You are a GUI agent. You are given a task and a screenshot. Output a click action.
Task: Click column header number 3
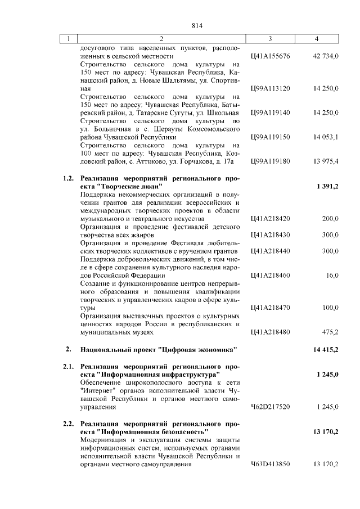tap(270, 39)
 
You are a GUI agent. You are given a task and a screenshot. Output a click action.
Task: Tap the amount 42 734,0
tap(325, 56)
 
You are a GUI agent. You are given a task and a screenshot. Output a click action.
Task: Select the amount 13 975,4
tap(326, 161)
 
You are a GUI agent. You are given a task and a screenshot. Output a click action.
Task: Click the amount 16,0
tap(332, 275)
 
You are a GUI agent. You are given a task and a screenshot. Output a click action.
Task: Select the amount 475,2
tap(330, 332)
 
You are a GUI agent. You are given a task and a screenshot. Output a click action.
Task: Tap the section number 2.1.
tap(68, 366)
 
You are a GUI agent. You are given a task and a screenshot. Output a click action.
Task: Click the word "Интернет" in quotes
tap(98, 390)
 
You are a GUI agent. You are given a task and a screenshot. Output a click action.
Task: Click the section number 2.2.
tap(68, 424)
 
